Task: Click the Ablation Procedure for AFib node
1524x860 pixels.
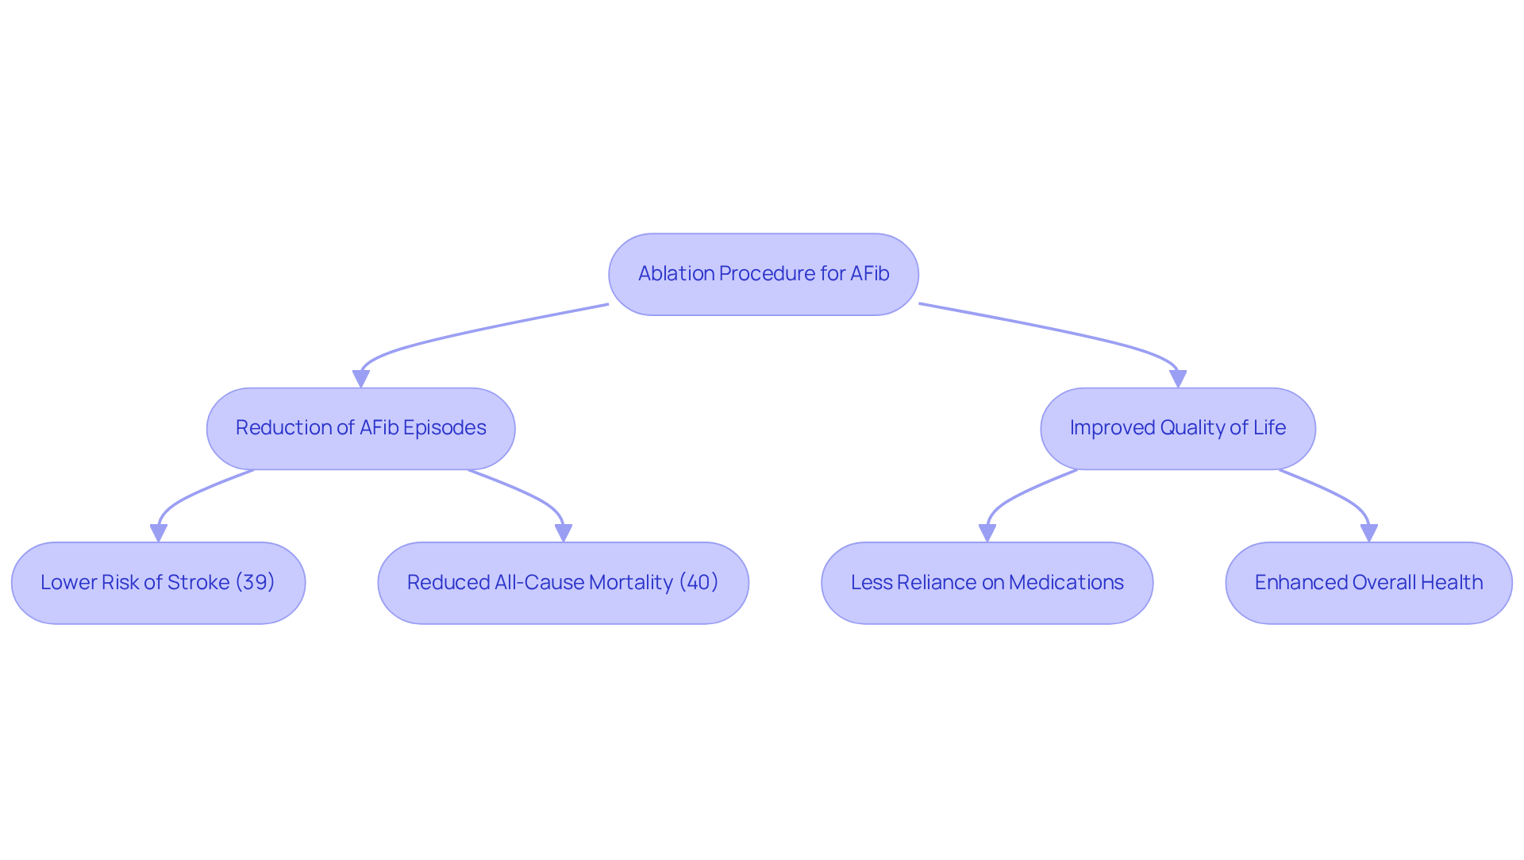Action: point(763,274)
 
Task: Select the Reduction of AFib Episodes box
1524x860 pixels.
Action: point(360,428)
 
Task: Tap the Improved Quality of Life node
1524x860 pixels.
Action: point(1177,428)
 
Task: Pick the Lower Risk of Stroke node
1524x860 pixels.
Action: point(158,583)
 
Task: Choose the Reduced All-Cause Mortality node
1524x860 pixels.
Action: point(563,583)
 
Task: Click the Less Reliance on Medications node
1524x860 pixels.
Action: point(987,583)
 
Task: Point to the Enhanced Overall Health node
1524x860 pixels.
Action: point(1368,583)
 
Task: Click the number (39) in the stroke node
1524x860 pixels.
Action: point(255,582)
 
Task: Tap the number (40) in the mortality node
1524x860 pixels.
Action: point(698,582)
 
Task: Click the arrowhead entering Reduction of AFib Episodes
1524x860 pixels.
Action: point(361,379)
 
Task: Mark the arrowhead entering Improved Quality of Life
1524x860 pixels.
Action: point(1178,379)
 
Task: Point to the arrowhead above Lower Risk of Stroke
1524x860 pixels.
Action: point(159,533)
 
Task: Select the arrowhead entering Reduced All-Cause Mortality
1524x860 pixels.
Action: point(564,533)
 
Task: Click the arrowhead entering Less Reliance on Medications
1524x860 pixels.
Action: point(987,533)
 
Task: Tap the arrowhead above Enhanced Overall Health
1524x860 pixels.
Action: point(1369,533)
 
